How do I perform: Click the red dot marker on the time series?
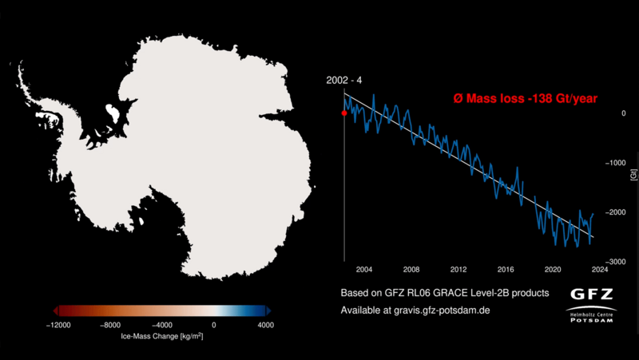click(344, 113)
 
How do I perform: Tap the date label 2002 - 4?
click(343, 81)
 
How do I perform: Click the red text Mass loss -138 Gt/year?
click(523, 98)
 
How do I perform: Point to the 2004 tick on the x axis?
click(364, 269)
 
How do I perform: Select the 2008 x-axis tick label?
click(411, 269)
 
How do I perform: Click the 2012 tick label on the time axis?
click(458, 269)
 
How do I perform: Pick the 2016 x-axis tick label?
click(506, 269)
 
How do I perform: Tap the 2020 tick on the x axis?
click(553, 269)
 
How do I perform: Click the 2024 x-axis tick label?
click(600, 269)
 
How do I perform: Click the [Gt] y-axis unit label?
click(633, 172)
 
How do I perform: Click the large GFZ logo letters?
click(592, 293)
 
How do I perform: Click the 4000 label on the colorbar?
click(265, 325)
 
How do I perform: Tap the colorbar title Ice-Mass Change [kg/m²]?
click(161, 336)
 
